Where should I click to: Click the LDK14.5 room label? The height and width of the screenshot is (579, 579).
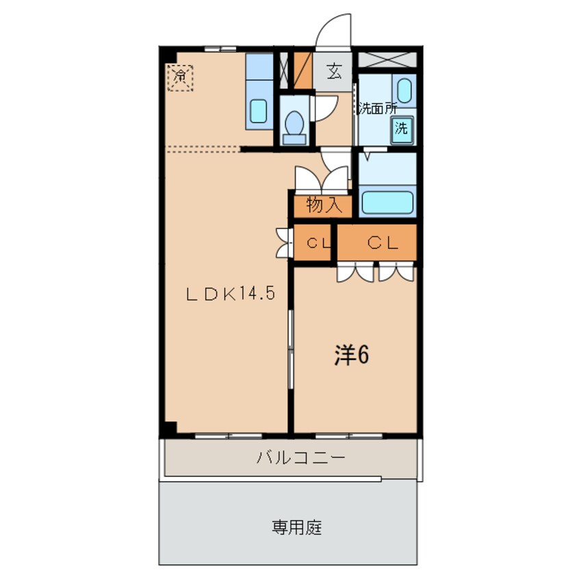click(230, 294)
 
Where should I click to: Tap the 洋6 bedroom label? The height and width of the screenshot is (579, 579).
click(352, 355)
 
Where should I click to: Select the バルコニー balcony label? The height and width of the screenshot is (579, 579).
click(292, 458)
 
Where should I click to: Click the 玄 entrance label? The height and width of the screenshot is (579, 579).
click(334, 71)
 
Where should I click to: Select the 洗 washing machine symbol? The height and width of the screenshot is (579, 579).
click(403, 128)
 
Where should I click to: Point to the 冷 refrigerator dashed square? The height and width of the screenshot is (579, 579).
click(180, 76)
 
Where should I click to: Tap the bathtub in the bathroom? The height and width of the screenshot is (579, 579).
click(387, 202)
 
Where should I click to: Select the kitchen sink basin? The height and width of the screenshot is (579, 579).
click(258, 110)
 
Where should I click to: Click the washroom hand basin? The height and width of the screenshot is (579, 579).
click(404, 90)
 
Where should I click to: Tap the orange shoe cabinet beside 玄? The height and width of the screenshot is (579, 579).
click(303, 71)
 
